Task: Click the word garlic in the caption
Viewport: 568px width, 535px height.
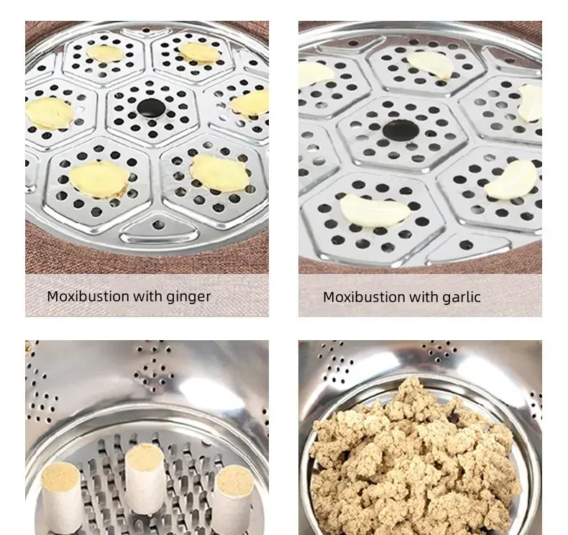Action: (461, 297)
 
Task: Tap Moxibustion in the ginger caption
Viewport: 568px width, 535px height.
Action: (90, 296)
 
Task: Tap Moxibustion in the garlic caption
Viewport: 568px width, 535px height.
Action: (366, 297)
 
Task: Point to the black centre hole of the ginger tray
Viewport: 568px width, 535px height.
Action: (151, 109)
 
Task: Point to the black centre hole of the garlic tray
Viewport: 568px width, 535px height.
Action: (400, 130)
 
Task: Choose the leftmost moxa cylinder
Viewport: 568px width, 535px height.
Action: (62, 496)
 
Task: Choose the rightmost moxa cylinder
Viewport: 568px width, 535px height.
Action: (234, 496)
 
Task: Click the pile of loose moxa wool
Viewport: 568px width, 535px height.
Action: (417, 460)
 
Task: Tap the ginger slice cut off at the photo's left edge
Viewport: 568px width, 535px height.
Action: (47, 112)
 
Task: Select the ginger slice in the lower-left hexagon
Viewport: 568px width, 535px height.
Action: (99, 177)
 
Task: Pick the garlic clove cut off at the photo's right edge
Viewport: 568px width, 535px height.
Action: (531, 103)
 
